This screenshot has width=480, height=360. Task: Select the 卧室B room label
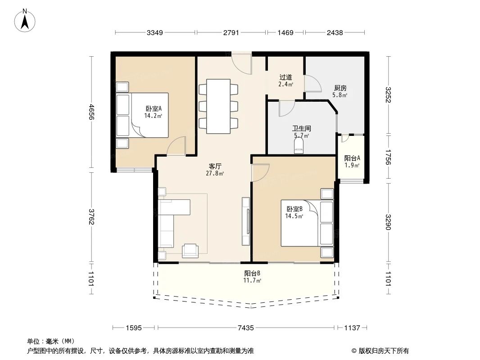coord(294,209)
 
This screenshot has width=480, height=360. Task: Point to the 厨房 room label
coord(340,88)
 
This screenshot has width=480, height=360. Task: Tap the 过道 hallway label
coord(285,77)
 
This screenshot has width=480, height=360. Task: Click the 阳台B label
coord(253,273)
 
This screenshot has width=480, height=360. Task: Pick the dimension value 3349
coord(154,32)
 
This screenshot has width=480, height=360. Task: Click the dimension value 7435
coord(245,328)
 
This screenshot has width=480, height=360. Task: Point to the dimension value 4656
coord(92,112)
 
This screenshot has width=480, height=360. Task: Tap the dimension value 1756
coord(388,157)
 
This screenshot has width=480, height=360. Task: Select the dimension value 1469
coord(285,32)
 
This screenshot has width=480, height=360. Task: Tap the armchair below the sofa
coord(190,251)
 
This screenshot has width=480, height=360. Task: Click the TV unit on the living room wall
coord(245,221)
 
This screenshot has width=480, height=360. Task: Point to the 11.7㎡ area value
coord(253,280)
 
